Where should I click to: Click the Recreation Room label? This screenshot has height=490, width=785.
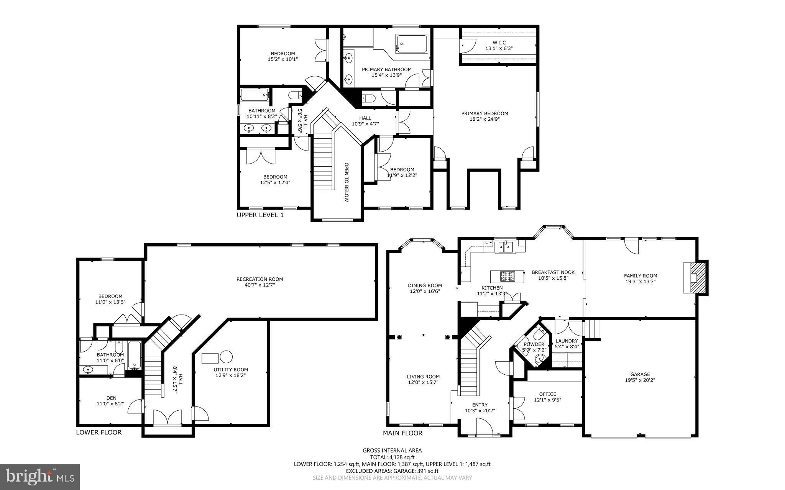(x=259, y=279)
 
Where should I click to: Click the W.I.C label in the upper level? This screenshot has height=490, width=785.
(x=499, y=43)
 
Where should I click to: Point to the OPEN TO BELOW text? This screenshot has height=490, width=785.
(x=346, y=182)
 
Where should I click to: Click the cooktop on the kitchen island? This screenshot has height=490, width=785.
(x=507, y=275)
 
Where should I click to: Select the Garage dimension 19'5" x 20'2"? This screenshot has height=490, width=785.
(x=640, y=380)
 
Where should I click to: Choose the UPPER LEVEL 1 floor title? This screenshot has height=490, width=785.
(x=260, y=215)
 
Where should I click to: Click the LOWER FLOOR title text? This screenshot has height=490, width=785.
(x=99, y=432)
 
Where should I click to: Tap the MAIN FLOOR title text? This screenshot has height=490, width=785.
(x=402, y=433)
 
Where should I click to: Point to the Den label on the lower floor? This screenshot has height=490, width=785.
(x=111, y=398)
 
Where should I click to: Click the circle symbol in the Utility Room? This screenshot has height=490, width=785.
(x=226, y=357)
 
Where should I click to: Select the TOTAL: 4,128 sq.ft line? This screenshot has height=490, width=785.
(x=392, y=457)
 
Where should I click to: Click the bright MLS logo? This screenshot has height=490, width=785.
(x=40, y=477)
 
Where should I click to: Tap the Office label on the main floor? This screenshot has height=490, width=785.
(x=547, y=394)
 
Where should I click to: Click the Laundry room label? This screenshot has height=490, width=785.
(x=566, y=341)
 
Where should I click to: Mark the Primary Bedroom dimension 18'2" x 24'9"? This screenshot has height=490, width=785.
(x=484, y=119)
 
